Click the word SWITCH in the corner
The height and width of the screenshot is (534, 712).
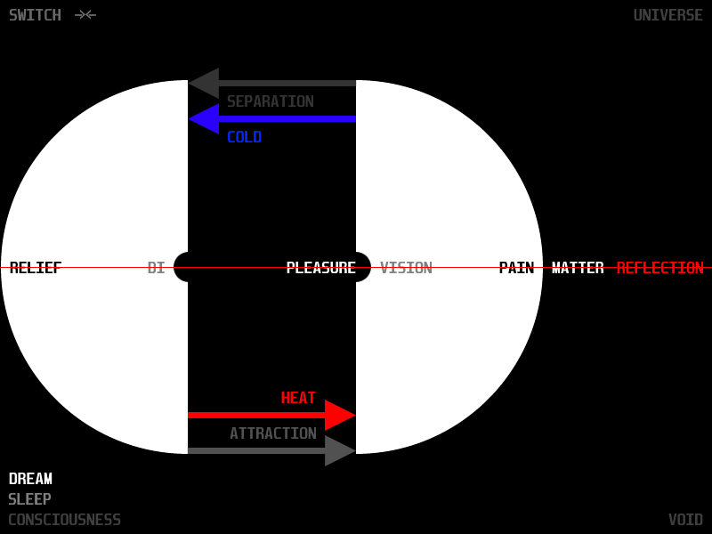[x=35, y=15]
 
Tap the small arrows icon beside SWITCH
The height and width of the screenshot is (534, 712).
[x=85, y=15]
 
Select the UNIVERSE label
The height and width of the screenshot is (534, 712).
[x=667, y=15]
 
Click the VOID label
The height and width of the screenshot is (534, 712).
[x=685, y=520]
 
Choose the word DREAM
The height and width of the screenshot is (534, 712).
[x=30, y=479]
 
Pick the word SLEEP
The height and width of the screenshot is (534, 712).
[x=29, y=499]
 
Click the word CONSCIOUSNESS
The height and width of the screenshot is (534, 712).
[x=64, y=520]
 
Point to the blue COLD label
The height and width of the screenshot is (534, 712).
[x=244, y=137]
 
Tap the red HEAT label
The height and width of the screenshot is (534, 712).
[x=298, y=398]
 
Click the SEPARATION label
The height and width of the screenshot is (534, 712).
[x=270, y=101]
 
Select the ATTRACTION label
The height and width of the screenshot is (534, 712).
[x=272, y=433]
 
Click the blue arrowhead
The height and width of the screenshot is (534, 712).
[x=204, y=118]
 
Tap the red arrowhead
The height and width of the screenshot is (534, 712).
[x=340, y=415]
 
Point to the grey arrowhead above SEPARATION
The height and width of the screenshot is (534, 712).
[x=204, y=83]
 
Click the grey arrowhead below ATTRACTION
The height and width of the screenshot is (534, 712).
[x=340, y=450]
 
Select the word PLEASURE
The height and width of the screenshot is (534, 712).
[x=320, y=268]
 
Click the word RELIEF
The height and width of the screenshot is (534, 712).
[x=36, y=268]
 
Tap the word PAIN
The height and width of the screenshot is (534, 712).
[x=516, y=268]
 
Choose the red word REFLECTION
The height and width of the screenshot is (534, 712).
[x=659, y=268]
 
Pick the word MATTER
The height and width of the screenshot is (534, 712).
[x=578, y=268]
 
